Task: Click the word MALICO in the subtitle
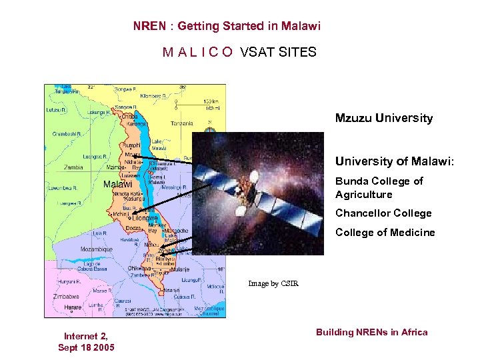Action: (x=197, y=52)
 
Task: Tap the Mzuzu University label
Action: (x=383, y=119)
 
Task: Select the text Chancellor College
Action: (x=383, y=213)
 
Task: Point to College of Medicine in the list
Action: (x=385, y=233)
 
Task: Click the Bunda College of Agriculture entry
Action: (x=379, y=188)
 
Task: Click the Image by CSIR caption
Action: (x=273, y=284)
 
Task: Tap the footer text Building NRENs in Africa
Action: (x=371, y=332)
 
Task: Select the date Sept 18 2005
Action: (x=86, y=348)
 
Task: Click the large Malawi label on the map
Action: (x=117, y=184)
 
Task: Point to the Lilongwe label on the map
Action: (x=145, y=218)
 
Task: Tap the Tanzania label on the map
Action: (x=181, y=123)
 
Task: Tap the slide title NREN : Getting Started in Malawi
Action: (x=227, y=27)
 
